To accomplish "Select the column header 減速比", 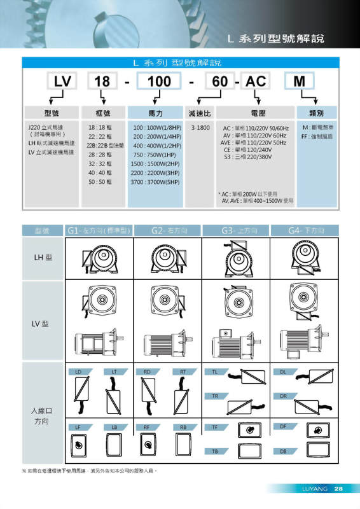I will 200,112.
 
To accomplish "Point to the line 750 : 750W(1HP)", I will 154,155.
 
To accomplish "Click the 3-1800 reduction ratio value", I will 200,128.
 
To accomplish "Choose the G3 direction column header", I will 236,230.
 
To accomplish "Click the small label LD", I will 78,371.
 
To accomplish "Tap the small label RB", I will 183,427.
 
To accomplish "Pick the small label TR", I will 215,396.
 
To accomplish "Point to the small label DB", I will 284,451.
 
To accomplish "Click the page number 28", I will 338,489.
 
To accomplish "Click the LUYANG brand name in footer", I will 314,489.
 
